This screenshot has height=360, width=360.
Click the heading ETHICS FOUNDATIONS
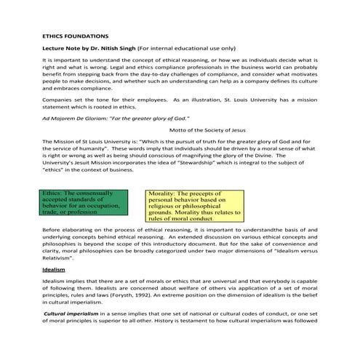pyautogui.click(x=76, y=35)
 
